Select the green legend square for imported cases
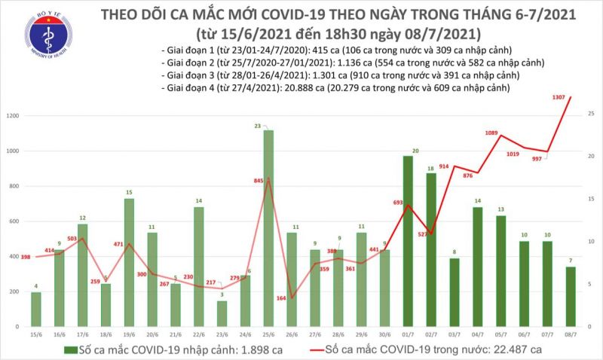click(x=69, y=350)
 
